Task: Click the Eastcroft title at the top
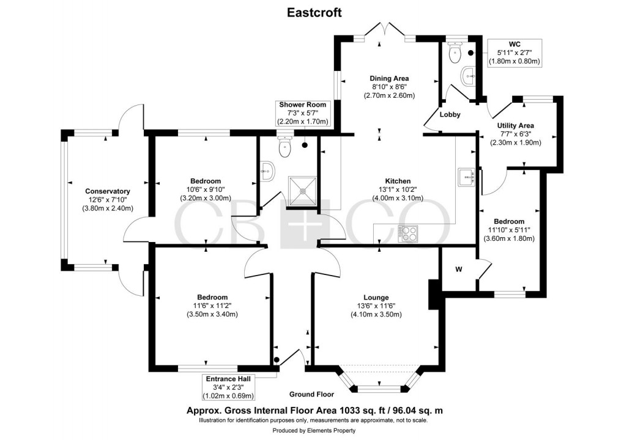tap(312, 12)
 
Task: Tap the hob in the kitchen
tap(408, 233)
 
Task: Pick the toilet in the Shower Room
tap(285, 146)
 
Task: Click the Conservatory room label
tap(107, 191)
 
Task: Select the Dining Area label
tap(388, 78)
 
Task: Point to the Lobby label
tap(449, 115)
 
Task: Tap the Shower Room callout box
tap(302, 113)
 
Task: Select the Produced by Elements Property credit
tap(312, 430)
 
